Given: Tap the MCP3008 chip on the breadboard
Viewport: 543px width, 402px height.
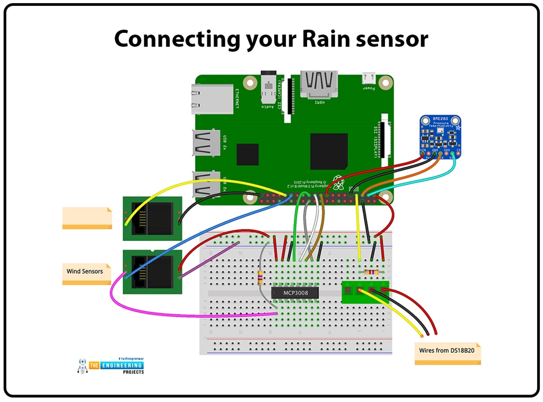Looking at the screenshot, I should point(294,292).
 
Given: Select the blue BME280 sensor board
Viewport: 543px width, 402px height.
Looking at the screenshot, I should point(440,137).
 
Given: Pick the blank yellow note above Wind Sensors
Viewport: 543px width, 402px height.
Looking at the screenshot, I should point(87,218).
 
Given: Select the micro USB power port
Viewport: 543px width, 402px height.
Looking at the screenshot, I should point(367,78).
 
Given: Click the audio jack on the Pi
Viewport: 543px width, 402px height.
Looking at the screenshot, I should point(268,90).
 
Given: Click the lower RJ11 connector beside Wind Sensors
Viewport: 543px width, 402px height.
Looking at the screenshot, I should point(152,272).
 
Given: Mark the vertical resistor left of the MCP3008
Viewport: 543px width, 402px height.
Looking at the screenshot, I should point(260,276).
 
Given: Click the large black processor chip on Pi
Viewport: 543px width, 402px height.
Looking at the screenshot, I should point(328,151).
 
